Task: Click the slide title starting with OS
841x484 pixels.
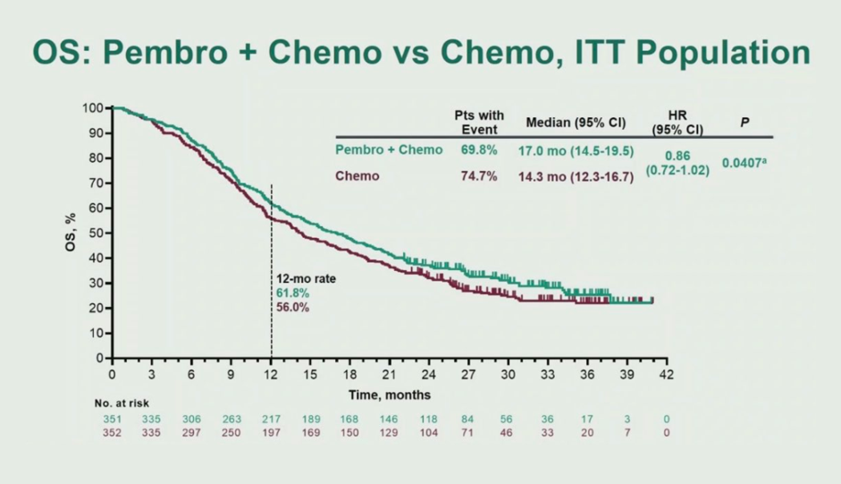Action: [x=420, y=53]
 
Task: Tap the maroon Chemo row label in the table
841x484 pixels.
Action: [x=357, y=176]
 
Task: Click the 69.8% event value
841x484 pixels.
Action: [x=478, y=150]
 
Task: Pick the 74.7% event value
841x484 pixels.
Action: [x=478, y=176]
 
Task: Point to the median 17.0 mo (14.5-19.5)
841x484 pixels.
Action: [x=576, y=151]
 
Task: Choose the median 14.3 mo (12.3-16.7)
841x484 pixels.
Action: [x=576, y=177]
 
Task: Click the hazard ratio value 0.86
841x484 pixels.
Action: [x=677, y=156]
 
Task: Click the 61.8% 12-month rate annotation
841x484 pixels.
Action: [x=291, y=293]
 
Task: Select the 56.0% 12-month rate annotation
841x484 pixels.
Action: [x=291, y=306]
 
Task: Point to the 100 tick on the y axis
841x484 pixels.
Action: [x=93, y=108]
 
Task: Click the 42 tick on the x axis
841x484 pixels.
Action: [x=665, y=374]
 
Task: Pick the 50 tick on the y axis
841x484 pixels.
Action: [x=97, y=233]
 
